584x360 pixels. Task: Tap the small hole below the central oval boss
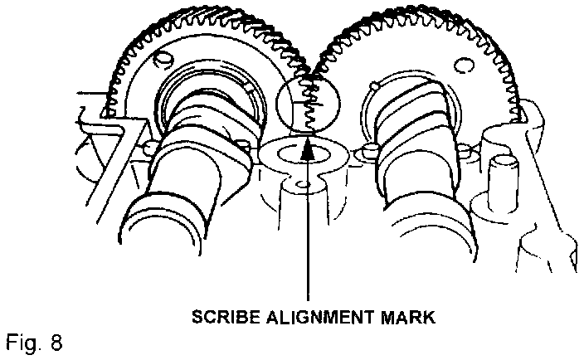(x=304, y=182)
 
